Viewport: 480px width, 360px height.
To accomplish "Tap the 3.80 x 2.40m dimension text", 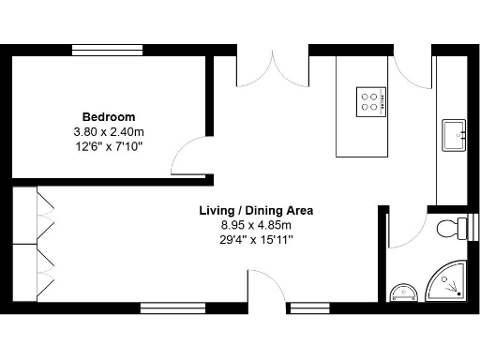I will tap(107, 132).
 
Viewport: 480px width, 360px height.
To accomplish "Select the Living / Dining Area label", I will tap(256, 211).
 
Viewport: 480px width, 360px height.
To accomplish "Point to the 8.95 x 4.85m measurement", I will tap(256, 225).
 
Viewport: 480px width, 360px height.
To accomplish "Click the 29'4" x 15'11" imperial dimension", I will tap(256, 240).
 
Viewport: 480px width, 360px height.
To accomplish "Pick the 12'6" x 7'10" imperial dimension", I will tap(107, 146).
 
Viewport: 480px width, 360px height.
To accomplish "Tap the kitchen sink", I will tap(453, 135).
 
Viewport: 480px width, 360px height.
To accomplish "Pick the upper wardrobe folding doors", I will tap(43, 215).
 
